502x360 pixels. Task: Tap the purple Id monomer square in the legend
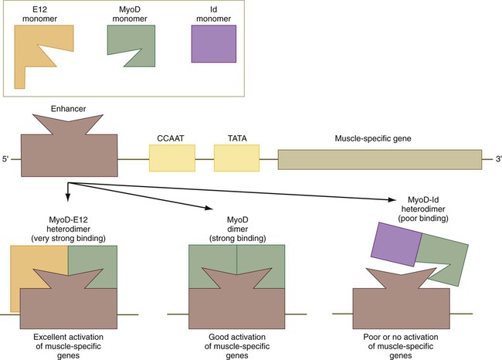tap(213, 43)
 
